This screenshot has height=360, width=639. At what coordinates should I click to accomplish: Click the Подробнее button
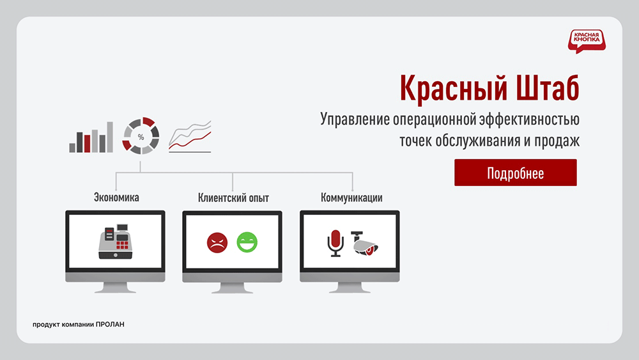(515, 173)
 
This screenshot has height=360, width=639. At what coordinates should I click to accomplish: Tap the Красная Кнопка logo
(585, 40)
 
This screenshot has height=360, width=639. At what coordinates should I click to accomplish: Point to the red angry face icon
(217, 242)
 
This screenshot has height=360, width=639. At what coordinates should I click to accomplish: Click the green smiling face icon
(247, 242)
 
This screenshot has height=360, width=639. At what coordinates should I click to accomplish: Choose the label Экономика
(116, 198)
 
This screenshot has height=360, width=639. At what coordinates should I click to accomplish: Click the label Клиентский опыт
(233, 198)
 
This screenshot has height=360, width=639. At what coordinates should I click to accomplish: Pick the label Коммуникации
(351, 198)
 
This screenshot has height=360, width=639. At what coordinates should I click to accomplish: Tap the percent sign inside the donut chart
(141, 137)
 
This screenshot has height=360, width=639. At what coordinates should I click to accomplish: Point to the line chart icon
(190, 137)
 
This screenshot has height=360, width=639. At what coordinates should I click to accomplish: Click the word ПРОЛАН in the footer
(110, 324)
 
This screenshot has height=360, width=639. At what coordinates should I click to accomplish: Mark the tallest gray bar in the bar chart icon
(110, 137)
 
